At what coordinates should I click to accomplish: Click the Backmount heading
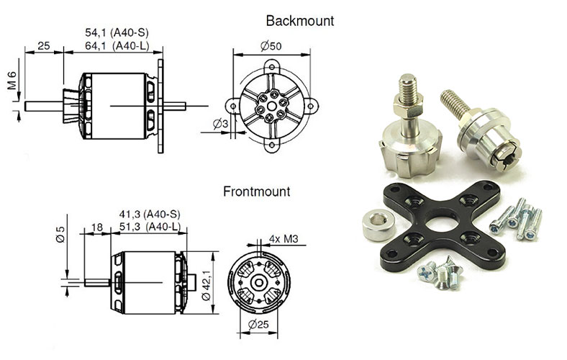pyautogui.click(x=299, y=21)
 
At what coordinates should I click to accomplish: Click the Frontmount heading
pyautogui.click(x=256, y=192)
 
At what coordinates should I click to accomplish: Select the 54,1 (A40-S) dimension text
pyautogui.click(x=117, y=33)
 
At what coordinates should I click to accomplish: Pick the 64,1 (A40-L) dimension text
pyautogui.click(x=117, y=47)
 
